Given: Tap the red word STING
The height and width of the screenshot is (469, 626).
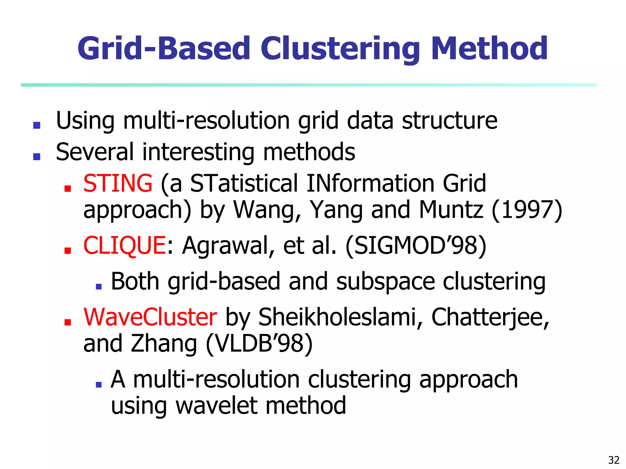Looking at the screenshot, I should (118, 183).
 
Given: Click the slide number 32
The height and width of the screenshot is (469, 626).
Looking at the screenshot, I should (614, 460).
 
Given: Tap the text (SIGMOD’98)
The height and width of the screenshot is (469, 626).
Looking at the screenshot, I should (416, 245).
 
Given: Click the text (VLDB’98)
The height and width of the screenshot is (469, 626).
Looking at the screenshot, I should (259, 344).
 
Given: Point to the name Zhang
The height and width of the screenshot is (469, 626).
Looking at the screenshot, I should (164, 344).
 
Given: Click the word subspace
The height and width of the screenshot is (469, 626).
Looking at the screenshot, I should (385, 282).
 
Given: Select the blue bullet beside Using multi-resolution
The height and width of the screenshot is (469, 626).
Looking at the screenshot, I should (37, 125).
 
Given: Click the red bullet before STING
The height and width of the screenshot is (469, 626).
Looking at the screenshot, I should (68, 188).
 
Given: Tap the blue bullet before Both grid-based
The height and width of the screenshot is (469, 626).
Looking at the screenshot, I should (98, 286).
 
